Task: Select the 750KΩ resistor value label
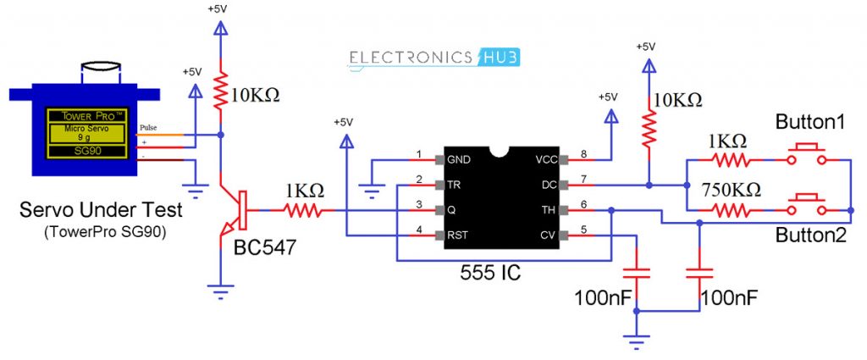pyautogui.click(x=728, y=188)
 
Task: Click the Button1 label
pyautogui.click(x=810, y=123)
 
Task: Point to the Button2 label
pyautogui.click(x=810, y=236)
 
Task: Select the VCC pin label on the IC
pyautogui.click(x=544, y=159)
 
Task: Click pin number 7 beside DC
pyautogui.click(x=583, y=179)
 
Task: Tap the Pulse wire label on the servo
pyautogui.click(x=148, y=128)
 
